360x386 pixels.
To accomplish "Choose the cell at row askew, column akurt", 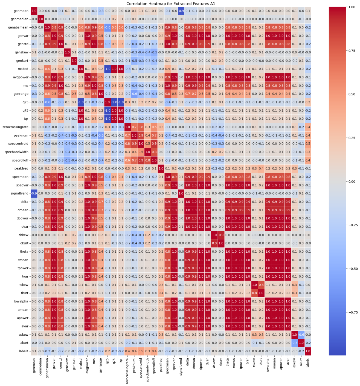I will (x=301, y=335).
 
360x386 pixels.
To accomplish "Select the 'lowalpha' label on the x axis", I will (x=268, y=365).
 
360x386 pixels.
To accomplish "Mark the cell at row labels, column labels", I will (x=308, y=351).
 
